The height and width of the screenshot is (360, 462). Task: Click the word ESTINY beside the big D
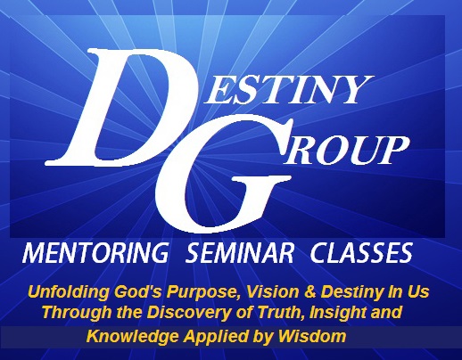tap(288, 90)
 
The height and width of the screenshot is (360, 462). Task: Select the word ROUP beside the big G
tap(345, 150)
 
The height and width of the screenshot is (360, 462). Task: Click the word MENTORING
tap(95, 253)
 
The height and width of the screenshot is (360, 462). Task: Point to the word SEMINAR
tap(240, 253)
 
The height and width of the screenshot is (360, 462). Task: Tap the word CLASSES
tap(361, 253)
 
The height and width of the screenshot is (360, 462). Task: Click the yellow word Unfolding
tap(68, 292)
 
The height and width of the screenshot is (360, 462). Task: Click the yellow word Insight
tap(336, 313)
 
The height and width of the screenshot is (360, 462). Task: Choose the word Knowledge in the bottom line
tap(133, 337)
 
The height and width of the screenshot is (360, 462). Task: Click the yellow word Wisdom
tap(312, 336)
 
